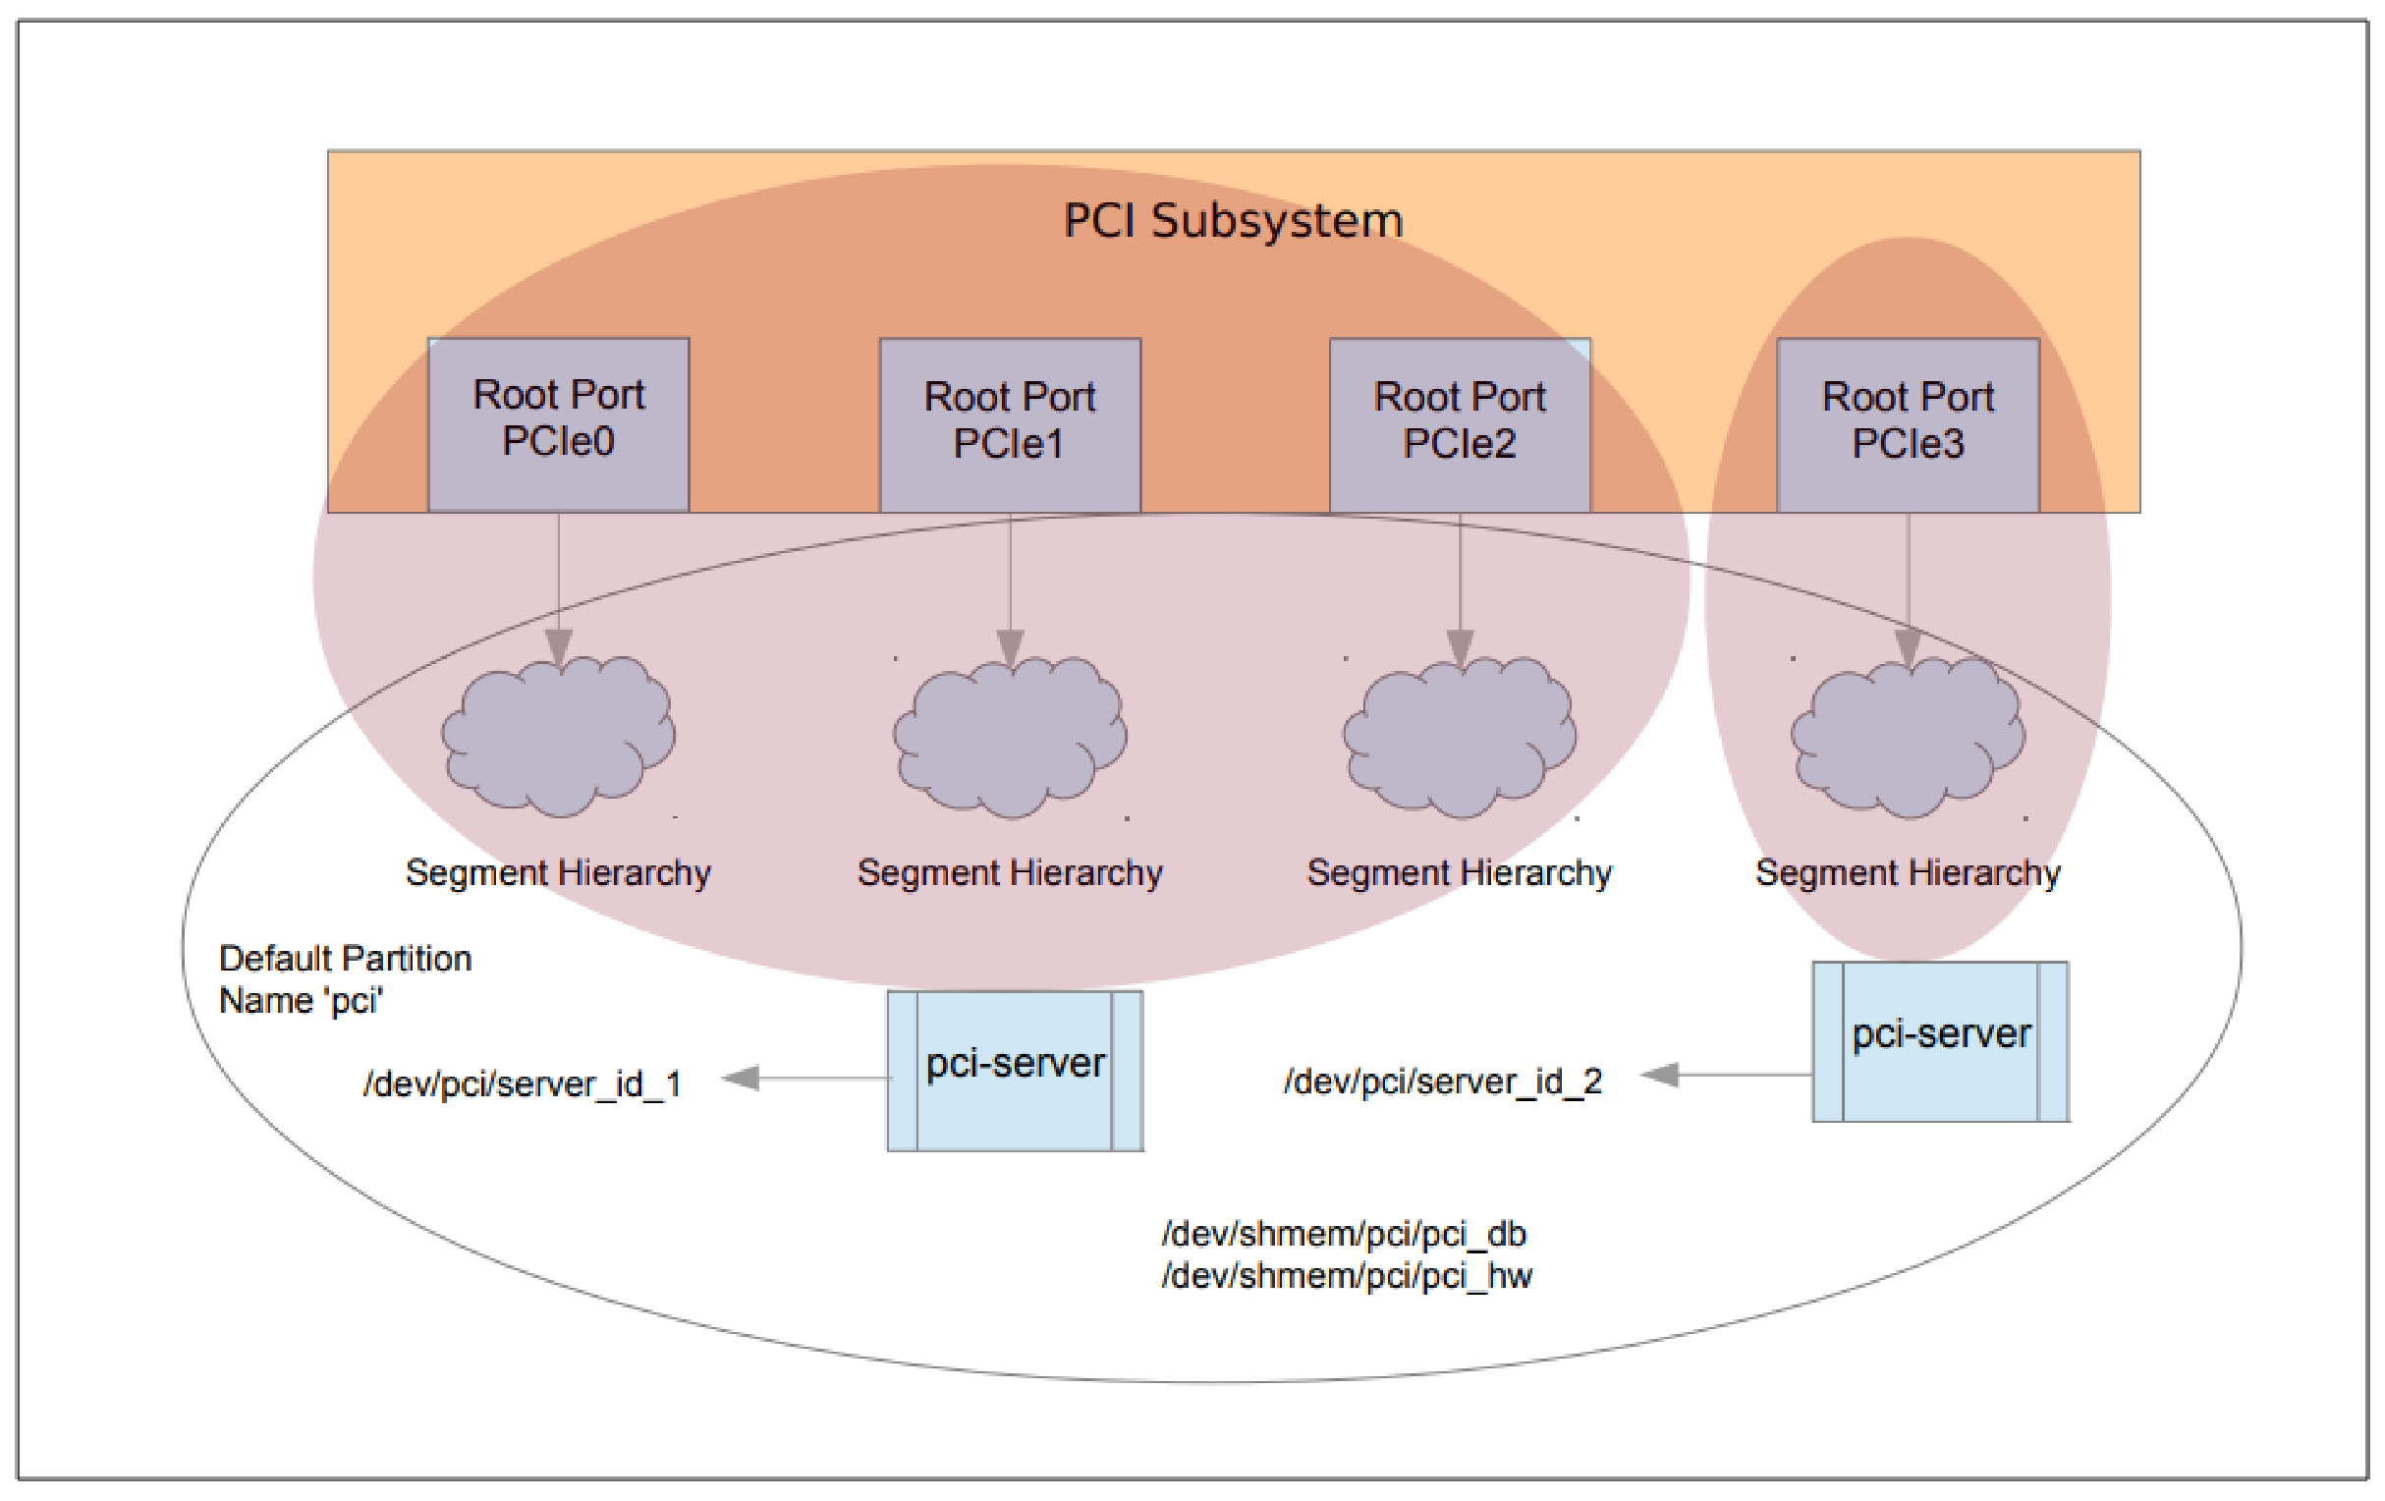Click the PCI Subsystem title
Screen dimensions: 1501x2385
1232,220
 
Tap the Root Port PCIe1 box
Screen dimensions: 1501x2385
1010,424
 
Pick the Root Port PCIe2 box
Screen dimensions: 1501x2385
1460,424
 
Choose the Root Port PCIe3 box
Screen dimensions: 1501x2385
1908,424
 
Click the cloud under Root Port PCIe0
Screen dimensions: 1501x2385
559,738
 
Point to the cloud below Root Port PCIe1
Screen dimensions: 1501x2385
1010,738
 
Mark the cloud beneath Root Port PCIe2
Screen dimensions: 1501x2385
1460,738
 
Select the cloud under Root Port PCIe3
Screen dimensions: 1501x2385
1908,738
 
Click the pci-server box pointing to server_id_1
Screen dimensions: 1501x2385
1016,1070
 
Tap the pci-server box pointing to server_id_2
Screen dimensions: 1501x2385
1940,1040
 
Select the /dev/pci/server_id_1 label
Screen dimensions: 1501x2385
523,1084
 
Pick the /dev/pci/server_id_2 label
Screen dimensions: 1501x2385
1443,1081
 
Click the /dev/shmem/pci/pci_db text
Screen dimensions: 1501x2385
1344,1234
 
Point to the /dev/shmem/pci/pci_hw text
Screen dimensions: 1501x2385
1347,1276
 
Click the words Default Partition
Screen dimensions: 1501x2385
345,958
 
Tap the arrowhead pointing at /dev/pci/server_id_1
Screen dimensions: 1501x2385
741,1078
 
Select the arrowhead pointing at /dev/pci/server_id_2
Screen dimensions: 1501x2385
1660,1074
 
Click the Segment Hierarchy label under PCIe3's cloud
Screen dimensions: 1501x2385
1908,872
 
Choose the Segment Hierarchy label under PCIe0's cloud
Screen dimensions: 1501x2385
559,872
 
